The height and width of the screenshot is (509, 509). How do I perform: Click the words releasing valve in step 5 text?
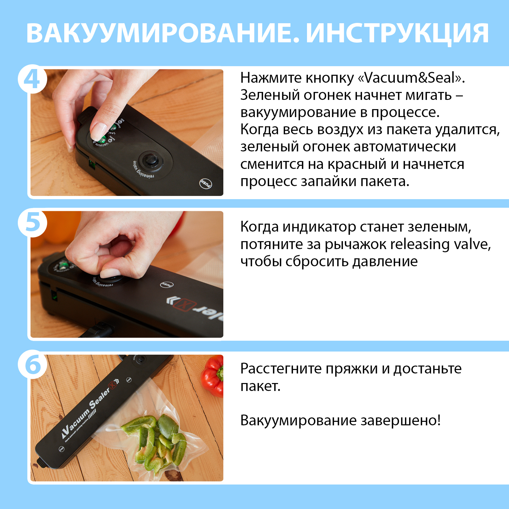pos(440,244)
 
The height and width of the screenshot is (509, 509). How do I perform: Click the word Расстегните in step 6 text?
pos(281,369)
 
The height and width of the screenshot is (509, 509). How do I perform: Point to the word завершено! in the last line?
pos(401,421)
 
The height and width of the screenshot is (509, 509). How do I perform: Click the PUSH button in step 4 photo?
pos(206,184)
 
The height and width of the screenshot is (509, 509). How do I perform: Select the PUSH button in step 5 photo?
pos(167,285)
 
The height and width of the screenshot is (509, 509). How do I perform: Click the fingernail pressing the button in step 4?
pos(97,131)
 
